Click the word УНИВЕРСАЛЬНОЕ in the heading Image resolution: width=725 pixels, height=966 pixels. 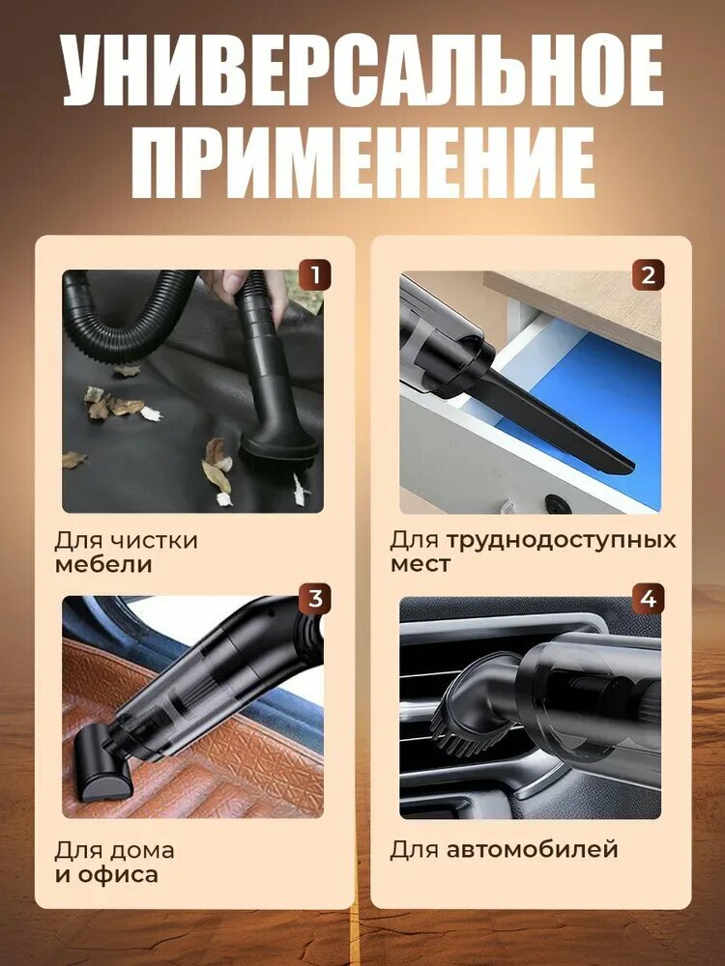tap(362, 73)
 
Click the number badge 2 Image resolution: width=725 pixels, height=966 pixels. tap(648, 275)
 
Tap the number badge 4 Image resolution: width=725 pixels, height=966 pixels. tap(648, 599)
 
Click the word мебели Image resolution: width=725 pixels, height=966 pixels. tap(104, 565)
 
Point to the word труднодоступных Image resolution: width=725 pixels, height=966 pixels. tap(562, 539)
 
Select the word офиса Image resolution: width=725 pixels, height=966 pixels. tap(118, 876)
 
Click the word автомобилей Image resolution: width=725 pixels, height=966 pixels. tap(532, 851)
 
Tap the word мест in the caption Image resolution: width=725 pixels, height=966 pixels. tap(420, 565)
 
